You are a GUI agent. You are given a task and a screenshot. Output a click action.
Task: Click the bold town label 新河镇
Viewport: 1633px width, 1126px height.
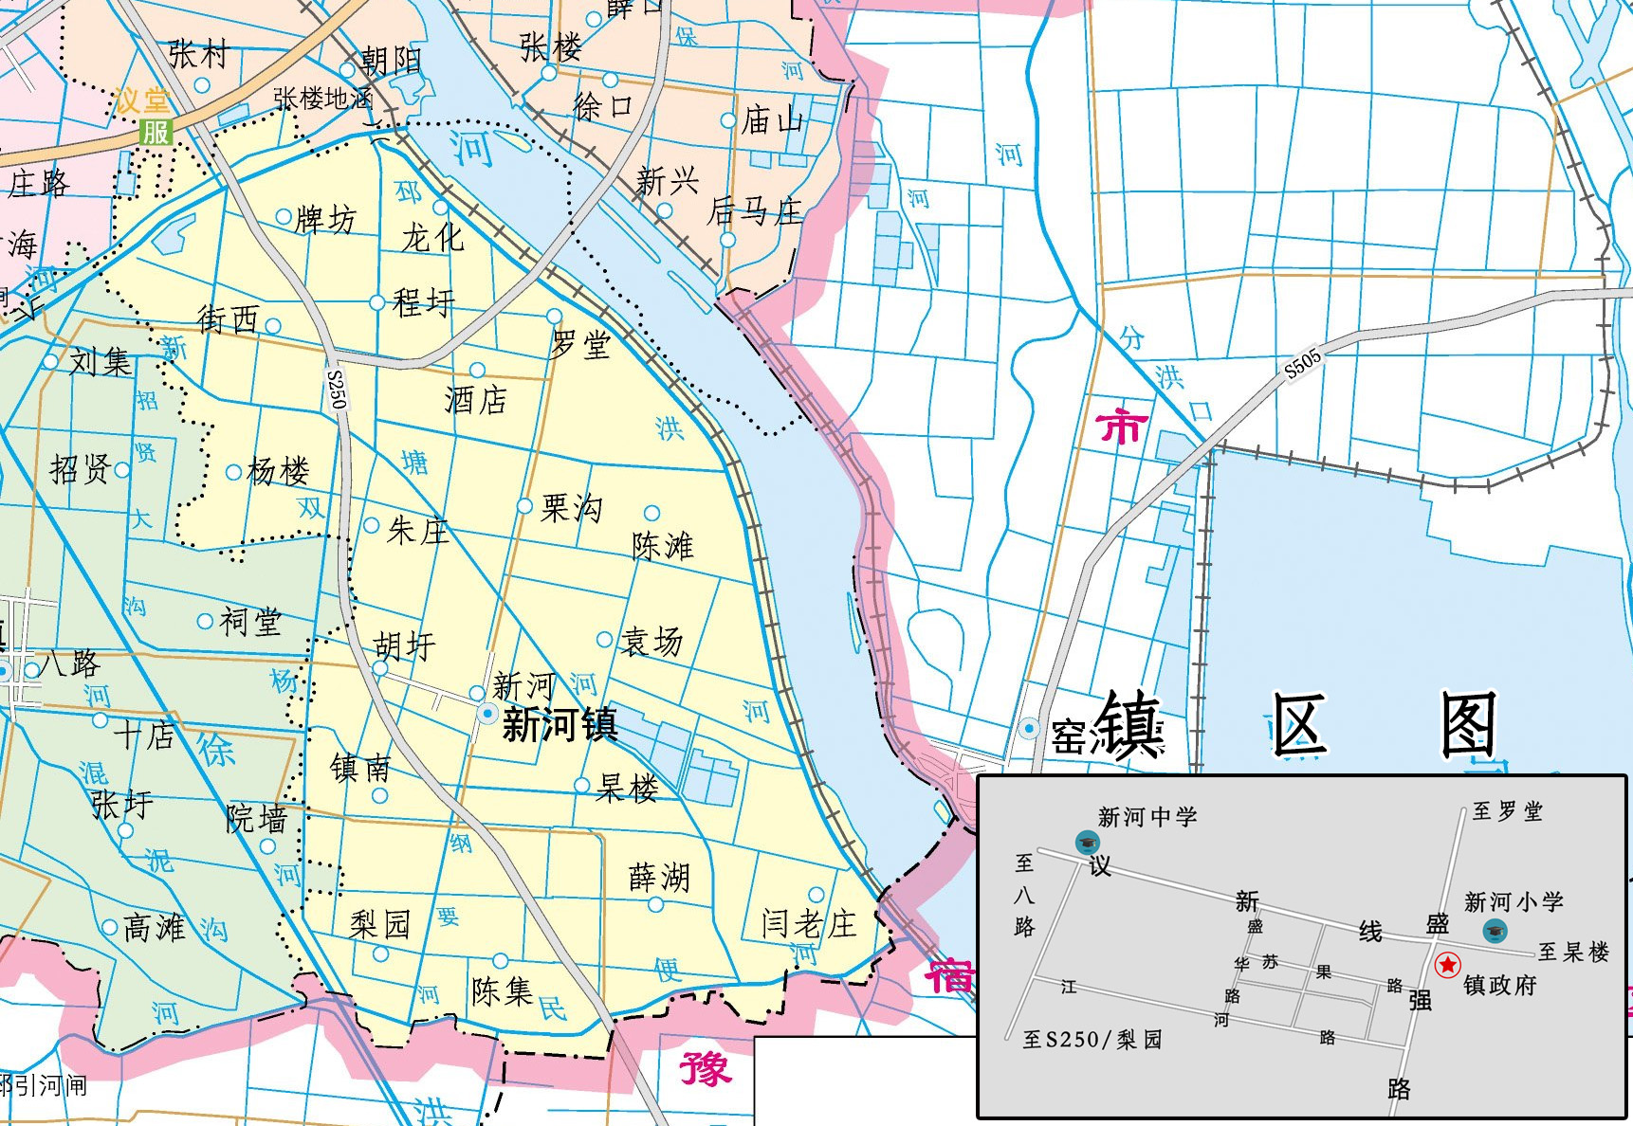pyautogui.click(x=560, y=725)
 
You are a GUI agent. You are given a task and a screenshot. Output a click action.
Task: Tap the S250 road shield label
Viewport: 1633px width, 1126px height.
pyautogui.click(x=337, y=390)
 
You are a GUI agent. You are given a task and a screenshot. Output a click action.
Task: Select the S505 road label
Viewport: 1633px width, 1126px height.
pyautogui.click(x=1303, y=364)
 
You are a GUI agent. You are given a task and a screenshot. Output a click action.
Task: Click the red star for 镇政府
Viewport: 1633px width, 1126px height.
pyautogui.click(x=1448, y=965)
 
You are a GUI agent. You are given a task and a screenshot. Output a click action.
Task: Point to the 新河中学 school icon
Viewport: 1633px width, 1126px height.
pyautogui.click(x=1087, y=842)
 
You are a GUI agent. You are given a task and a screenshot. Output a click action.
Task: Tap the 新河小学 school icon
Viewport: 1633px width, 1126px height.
pyautogui.click(x=1495, y=930)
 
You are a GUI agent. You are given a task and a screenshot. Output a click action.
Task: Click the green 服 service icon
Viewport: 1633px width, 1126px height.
pyautogui.click(x=156, y=132)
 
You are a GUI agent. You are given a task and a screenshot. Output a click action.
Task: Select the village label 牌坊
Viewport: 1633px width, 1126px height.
pyautogui.click(x=325, y=220)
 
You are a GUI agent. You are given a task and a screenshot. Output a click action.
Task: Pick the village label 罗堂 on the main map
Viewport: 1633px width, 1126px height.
pyautogui.click(x=580, y=344)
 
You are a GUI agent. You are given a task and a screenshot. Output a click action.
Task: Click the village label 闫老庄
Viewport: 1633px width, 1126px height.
pyautogui.click(x=808, y=923)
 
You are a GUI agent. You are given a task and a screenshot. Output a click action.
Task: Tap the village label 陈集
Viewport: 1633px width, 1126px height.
pyautogui.click(x=503, y=991)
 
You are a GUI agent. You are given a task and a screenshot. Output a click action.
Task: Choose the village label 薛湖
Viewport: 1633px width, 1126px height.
pyautogui.click(x=659, y=878)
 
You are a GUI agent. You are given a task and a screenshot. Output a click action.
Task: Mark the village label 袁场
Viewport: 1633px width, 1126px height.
pyautogui.click(x=651, y=642)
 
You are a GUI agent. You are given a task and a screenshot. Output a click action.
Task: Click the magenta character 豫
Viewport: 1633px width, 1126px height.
pyautogui.click(x=705, y=1068)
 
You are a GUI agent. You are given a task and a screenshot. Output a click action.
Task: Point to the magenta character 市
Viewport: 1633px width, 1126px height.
pyautogui.click(x=1122, y=427)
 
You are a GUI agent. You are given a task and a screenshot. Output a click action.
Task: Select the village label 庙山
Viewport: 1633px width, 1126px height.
pyautogui.click(x=772, y=120)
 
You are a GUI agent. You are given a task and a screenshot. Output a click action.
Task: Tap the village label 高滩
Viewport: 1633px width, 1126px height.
pyautogui.click(x=155, y=927)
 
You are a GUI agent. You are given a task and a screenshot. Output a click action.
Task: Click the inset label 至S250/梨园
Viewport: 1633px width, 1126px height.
pyautogui.click(x=1092, y=1040)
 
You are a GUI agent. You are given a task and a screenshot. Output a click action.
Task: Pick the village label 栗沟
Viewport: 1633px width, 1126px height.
pyautogui.click(x=571, y=509)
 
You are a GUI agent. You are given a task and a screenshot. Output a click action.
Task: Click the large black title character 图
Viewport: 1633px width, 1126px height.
pyautogui.click(x=1468, y=725)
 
